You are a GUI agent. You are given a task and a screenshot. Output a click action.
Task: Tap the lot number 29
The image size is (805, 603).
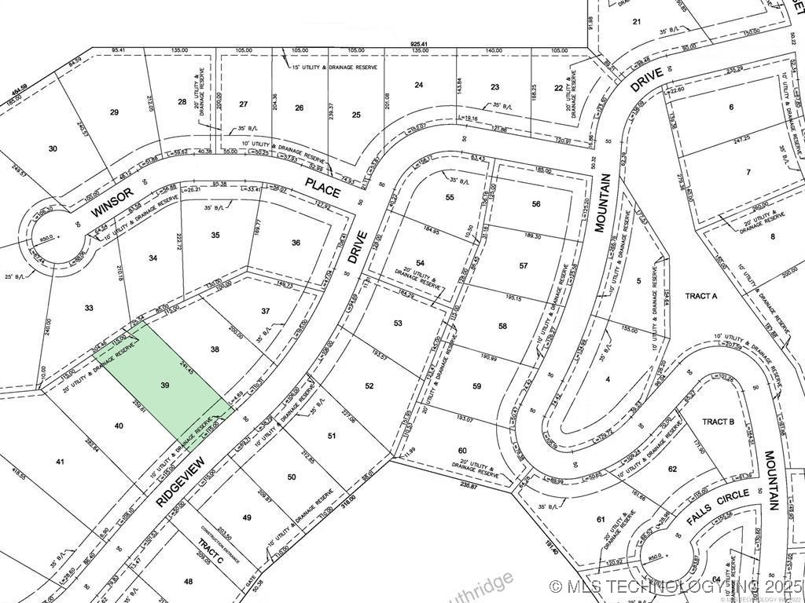tap(114, 113)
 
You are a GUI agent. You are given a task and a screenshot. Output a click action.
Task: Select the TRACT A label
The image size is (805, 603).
tap(701, 296)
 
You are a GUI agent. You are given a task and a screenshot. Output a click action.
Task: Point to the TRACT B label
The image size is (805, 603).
tap(718, 422)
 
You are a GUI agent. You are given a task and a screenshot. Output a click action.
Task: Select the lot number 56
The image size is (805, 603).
tap(536, 203)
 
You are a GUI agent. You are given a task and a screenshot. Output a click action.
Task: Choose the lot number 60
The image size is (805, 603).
tap(461, 450)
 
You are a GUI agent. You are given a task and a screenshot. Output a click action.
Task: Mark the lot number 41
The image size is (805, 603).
tap(59, 462)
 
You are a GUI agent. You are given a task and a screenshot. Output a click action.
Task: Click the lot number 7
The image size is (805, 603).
tap(749, 171)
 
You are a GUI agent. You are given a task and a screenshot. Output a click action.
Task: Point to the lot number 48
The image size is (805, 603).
tap(188, 581)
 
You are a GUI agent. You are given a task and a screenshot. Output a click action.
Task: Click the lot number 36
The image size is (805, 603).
tap(296, 243)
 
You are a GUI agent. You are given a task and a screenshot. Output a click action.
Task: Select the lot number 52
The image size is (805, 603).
tap(369, 385)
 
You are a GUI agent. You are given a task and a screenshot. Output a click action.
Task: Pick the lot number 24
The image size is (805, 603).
tap(419, 85)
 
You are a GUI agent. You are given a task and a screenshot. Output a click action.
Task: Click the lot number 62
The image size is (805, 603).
tap(672, 469)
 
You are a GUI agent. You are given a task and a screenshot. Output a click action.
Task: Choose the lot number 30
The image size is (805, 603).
tap(53, 148)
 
